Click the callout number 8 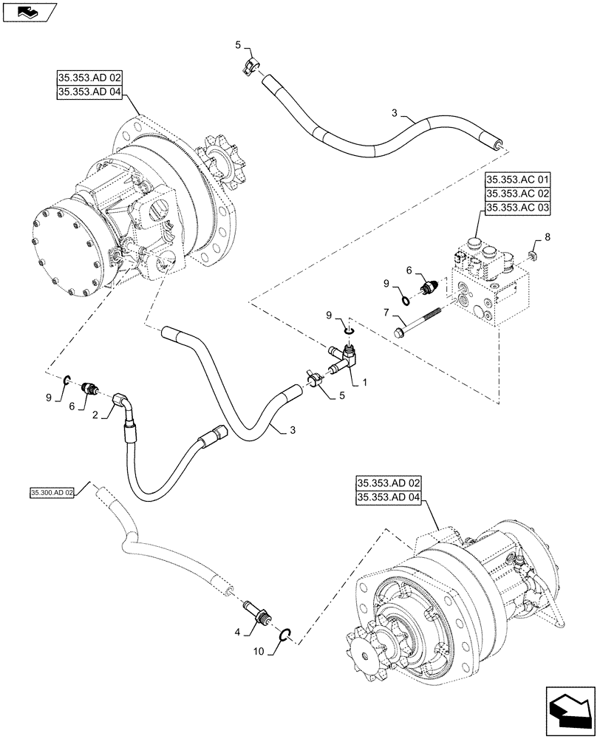[548, 237]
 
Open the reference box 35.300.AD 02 [52, 492]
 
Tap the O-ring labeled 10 [287, 633]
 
